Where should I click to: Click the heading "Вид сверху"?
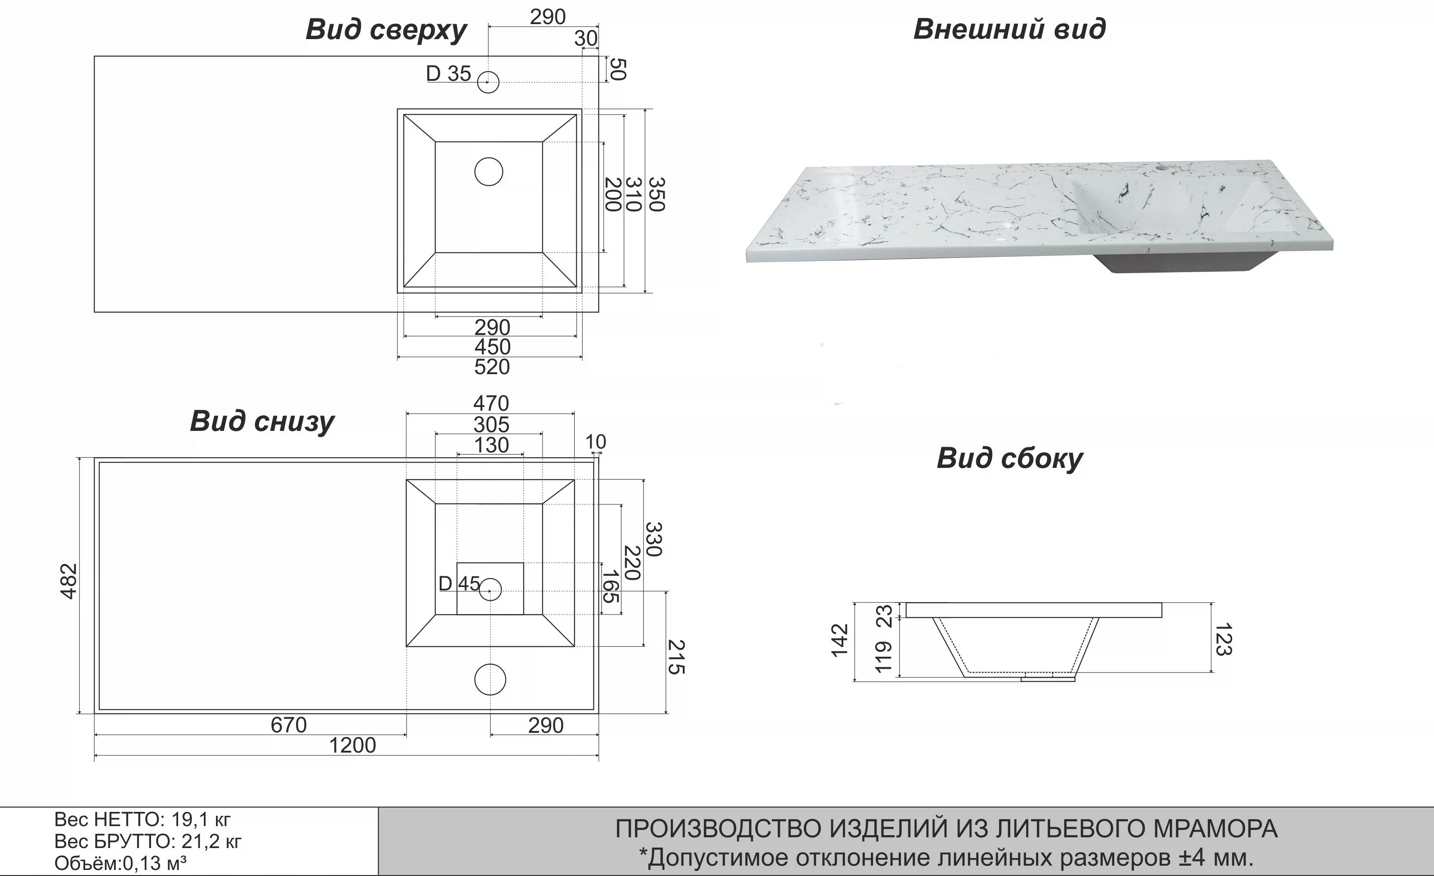(386, 30)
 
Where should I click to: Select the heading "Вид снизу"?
(262, 421)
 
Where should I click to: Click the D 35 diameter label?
(448, 74)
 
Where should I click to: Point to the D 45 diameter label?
(459, 584)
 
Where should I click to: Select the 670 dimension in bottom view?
(289, 725)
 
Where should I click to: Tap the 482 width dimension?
(69, 581)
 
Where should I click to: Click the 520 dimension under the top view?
(492, 367)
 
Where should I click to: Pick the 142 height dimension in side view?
(839, 640)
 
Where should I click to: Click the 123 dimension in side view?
(1223, 639)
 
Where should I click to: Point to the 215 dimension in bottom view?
(676, 657)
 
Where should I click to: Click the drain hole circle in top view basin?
(489, 172)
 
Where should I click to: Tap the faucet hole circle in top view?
(488, 82)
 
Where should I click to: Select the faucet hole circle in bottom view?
(490, 679)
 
